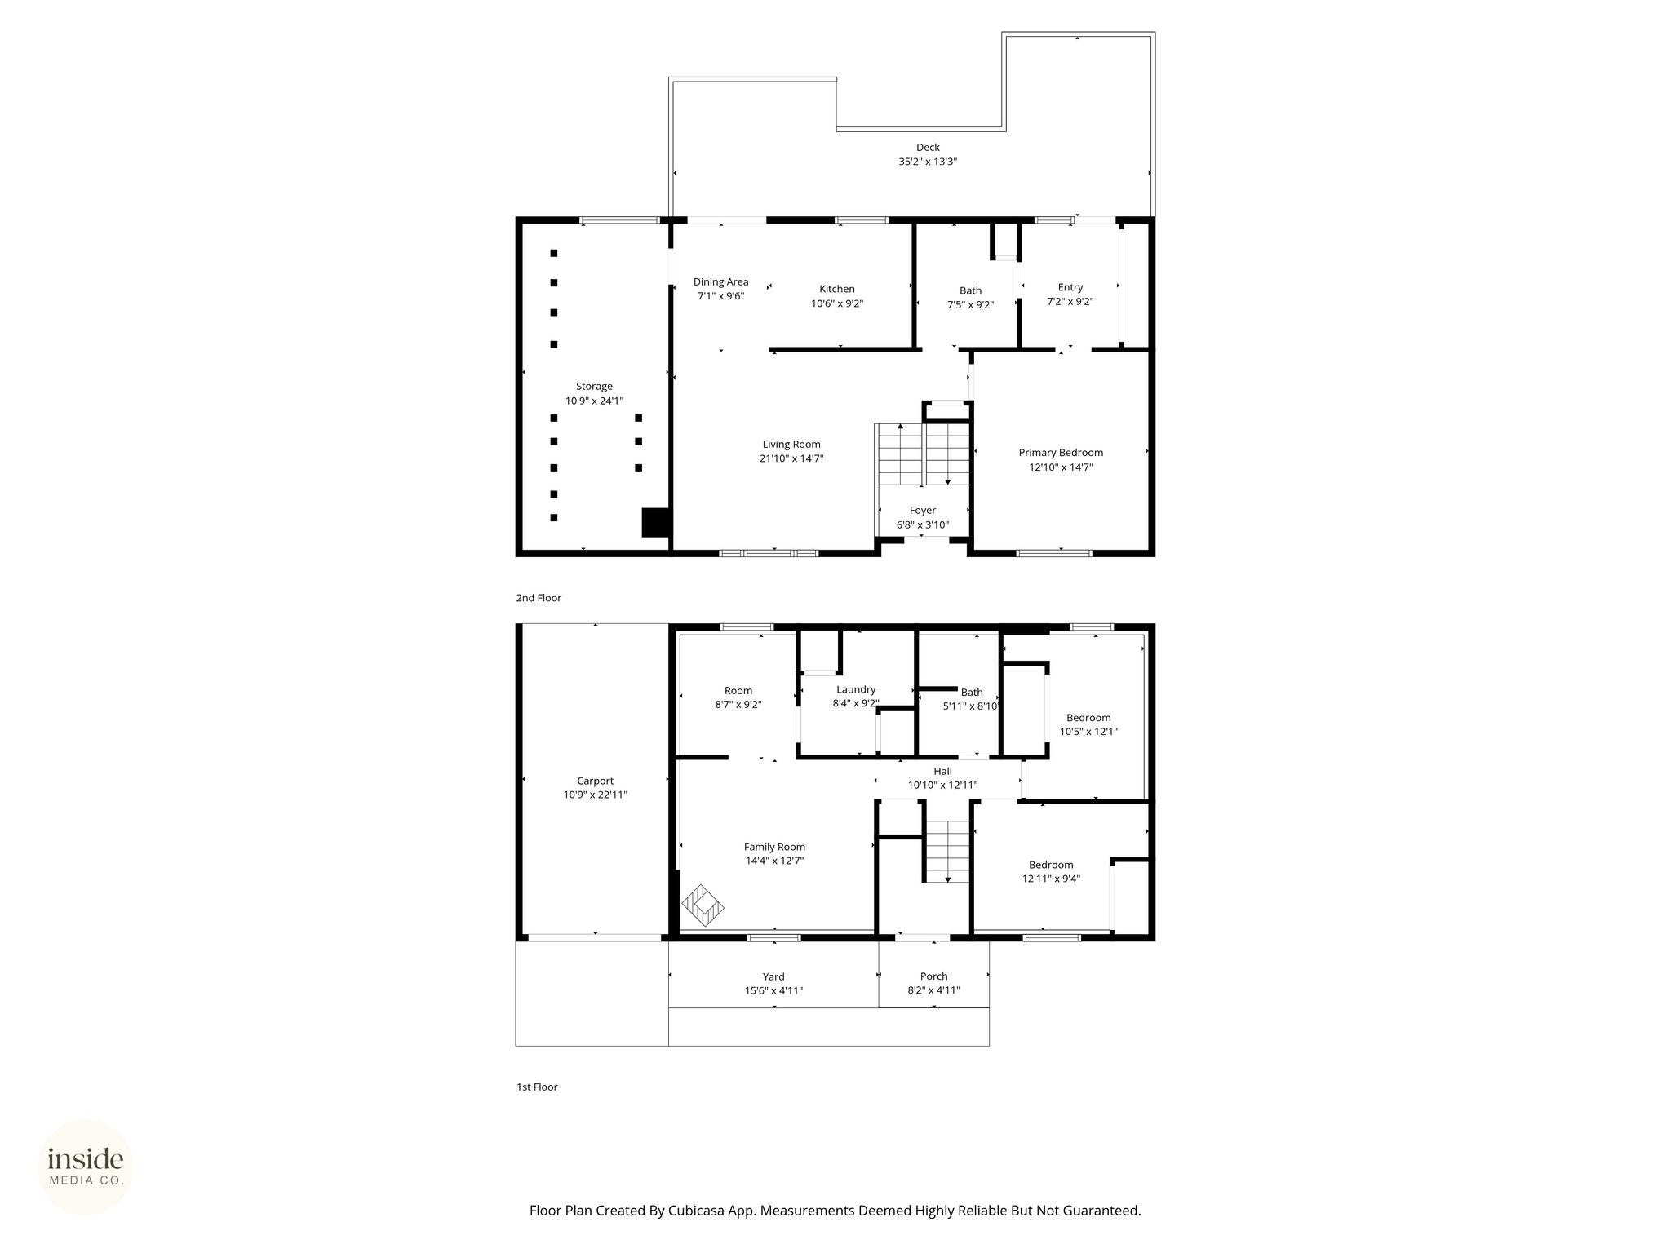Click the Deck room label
pos(928,148)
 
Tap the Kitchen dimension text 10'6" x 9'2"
pos(837,303)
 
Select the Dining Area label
pos(721,282)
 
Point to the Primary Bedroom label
pos(1061,453)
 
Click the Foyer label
pos(923,511)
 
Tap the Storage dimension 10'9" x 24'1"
pos(595,401)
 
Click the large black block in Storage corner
pos(655,522)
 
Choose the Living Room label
pos(791,445)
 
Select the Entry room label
pos(1070,287)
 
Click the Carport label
pos(596,781)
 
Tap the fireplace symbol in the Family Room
pos(703,905)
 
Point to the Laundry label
pos(856,689)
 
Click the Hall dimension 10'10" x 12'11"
pos(943,785)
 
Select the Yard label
pos(773,976)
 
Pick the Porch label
pos(934,976)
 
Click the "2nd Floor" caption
pos(539,598)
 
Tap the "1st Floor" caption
pos(537,1087)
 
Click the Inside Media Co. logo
pos(86,1167)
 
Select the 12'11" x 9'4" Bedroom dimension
pos(1051,879)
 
